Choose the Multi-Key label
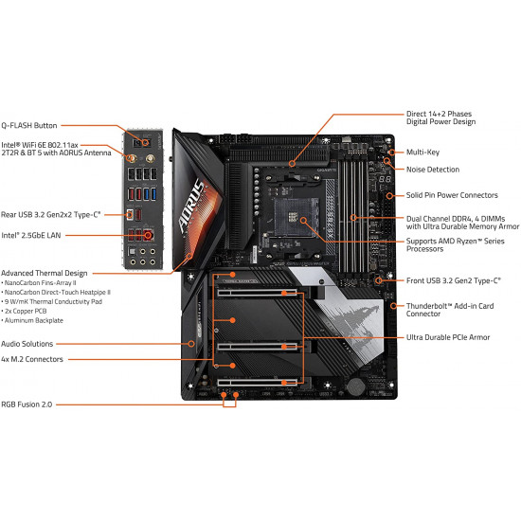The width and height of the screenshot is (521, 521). (x=424, y=151)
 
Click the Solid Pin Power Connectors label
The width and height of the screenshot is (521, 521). (x=452, y=195)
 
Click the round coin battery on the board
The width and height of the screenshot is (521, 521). (x=356, y=386)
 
